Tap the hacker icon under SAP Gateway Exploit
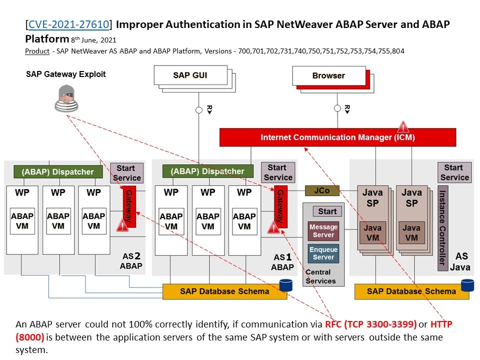[x=66, y=98]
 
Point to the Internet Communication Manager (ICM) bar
[x=337, y=137]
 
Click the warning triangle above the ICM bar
[x=402, y=126]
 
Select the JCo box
[x=322, y=190]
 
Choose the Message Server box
[x=323, y=231]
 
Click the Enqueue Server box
[x=323, y=253]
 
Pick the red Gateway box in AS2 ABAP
[x=129, y=205]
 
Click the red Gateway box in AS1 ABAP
[x=280, y=205]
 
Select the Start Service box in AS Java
[x=454, y=172]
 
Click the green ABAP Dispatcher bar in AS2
[x=57, y=172]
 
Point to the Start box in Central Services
[x=327, y=211]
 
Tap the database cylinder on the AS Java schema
[x=467, y=285]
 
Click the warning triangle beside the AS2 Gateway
[x=122, y=225]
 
